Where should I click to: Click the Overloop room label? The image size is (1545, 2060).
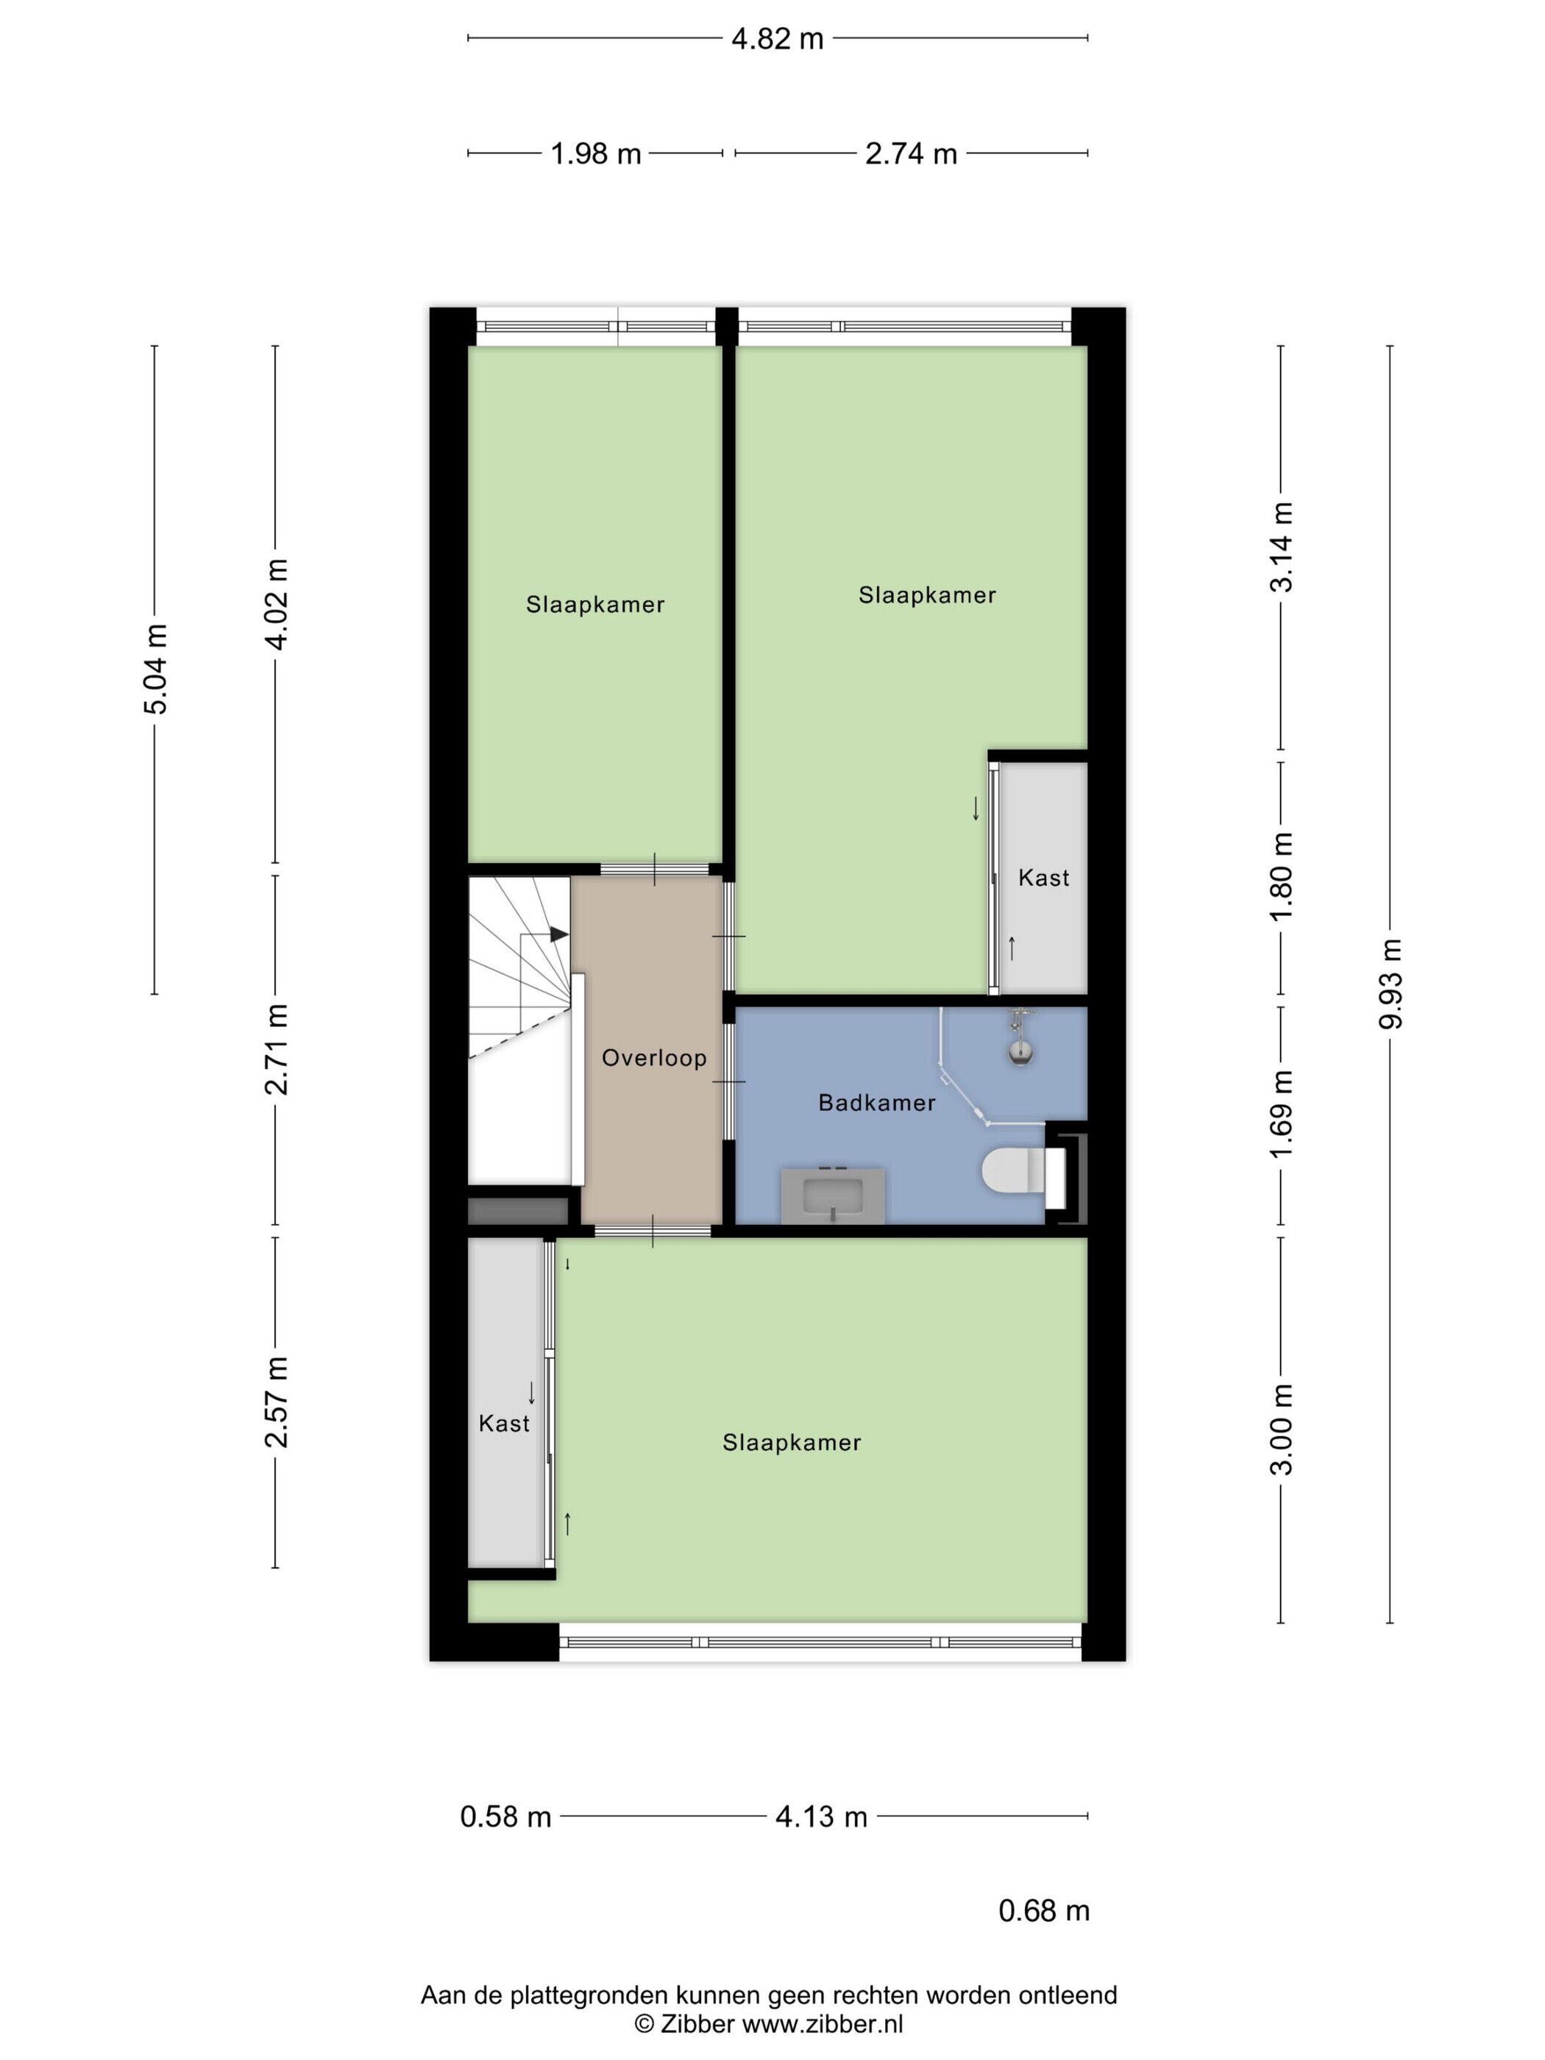click(x=654, y=1057)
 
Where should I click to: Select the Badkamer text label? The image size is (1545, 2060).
click(x=876, y=1103)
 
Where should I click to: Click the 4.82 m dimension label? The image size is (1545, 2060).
click(x=778, y=39)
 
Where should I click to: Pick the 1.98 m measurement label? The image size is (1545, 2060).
click(x=596, y=154)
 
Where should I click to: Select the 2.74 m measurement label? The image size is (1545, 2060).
click(x=911, y=154)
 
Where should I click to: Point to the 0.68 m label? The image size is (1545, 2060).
click(x=1044, y=1911)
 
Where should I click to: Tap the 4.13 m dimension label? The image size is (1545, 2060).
click(x=821, y=1816)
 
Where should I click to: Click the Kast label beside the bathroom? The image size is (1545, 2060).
click(x=1043, y=877)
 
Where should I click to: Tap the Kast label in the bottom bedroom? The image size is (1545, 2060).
click(x=504, y=1423)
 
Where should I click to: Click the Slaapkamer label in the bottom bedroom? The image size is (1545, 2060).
click(x=792, y=1443)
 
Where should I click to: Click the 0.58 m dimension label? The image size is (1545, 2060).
click(x=505, y=1816)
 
